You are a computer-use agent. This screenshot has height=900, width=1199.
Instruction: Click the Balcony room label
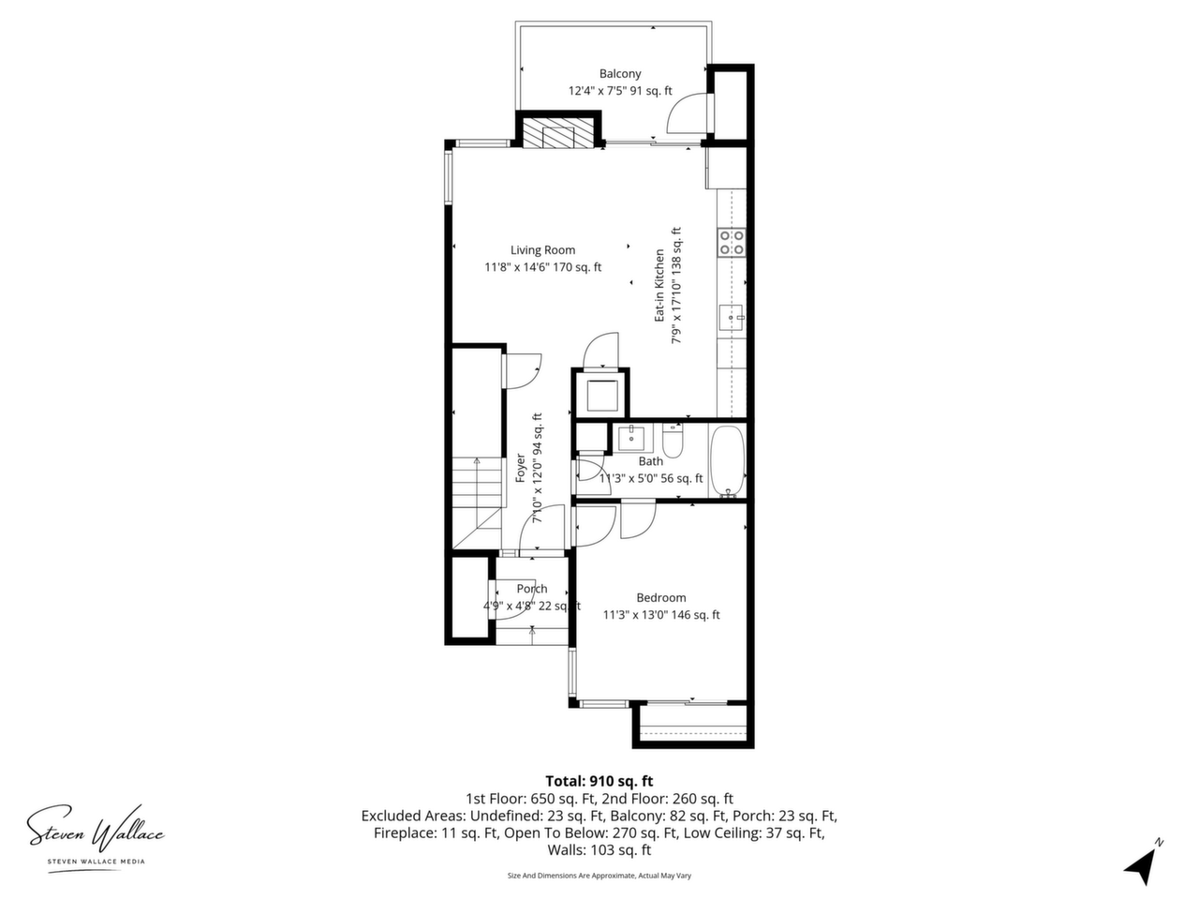coord(619,74)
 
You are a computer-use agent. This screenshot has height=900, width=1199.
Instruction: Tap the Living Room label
coord(542,250)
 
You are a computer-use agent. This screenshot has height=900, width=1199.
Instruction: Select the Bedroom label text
coord(661,598)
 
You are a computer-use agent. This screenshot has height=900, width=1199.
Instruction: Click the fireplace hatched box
coord(558,134)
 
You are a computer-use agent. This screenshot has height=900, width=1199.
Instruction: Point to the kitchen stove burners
coord(732,243)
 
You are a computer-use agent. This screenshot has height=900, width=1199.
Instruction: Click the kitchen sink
coord(732,318)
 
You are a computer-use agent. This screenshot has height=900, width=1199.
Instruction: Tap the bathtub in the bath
coord(728,460)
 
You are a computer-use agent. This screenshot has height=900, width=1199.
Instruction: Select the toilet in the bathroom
coord(673,442)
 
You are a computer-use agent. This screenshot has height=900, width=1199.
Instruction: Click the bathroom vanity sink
coord(631,438)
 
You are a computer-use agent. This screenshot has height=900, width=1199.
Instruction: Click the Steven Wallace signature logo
coord(96,831)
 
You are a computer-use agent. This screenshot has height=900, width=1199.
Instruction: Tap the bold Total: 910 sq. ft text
coord(599,781)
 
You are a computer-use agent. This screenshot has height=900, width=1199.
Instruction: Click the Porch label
coord(531,589)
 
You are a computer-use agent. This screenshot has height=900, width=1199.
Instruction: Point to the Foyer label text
coord(521,468)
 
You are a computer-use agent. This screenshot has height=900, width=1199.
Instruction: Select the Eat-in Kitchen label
coord(659,285)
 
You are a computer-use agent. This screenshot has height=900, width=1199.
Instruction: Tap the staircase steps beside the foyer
coord(477,483)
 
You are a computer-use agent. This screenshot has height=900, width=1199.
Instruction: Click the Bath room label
coord(651,461)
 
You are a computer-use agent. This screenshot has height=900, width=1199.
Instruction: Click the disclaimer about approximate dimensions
coord(599,876)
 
